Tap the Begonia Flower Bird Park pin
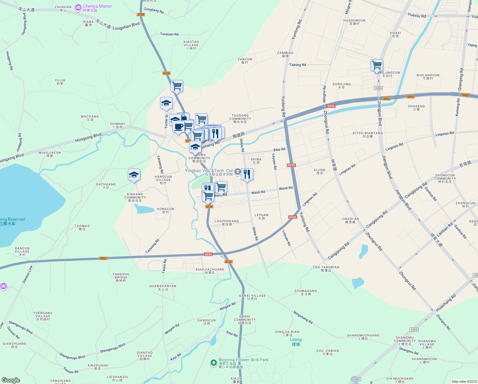tap(213, 363)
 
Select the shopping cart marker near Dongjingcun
tap(377, 65)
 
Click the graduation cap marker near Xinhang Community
tap(134, 175)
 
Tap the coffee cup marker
tap(179, 127)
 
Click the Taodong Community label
tap(240, 118)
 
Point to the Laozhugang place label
tap(227, 222)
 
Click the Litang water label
tap(296, 342)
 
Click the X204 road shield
tap(378, 88)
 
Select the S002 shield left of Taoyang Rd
tap(103, 258)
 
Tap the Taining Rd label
tap(297, 65)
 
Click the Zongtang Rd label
tap(154, 11)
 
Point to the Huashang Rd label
tap(446, 303)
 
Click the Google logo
tap(11, 380)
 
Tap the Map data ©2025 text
tap(464, 381)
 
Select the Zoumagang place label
tap(305, 292)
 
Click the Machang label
tap(90, 118)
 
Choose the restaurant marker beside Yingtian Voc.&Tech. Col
tap(247, 174)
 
